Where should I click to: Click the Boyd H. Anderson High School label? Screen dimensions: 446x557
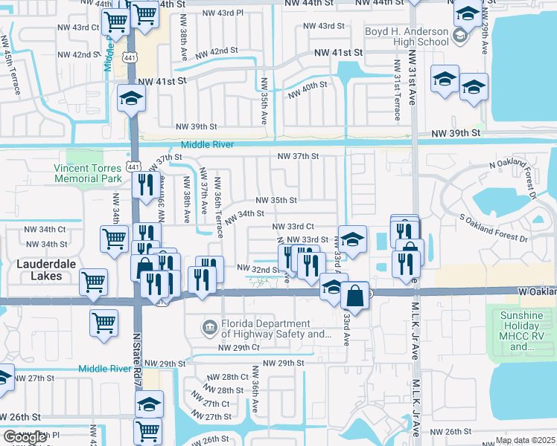click(x=407, y=36)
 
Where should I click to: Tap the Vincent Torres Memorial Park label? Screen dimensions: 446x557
click(x=87, y=174)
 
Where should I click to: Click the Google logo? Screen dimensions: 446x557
click(x=25, y=437)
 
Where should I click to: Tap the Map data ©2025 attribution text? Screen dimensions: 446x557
click(x=525, y=440)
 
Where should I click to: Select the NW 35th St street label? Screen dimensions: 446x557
click(x=276, y=201)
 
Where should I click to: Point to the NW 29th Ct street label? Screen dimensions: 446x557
click(x=238, y=348)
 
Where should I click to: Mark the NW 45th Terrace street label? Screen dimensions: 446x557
click(x=10, y=63)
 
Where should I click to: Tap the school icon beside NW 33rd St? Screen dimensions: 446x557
click(x=353, y=239)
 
